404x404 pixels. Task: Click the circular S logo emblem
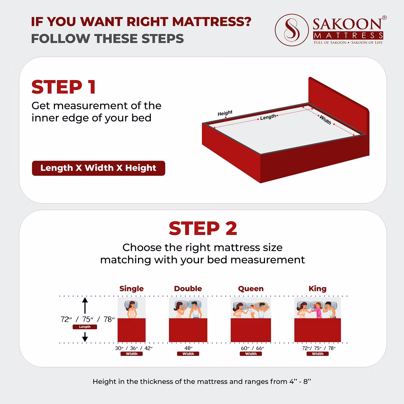pyautogui.click(x=292, y=30)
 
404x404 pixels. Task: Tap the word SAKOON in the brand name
pyautogui.click(x=347, y=24)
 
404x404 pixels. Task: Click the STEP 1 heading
pyautogui.click(x=64, y=87)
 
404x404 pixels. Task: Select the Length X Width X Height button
pyautogui.click(x=99, y=168)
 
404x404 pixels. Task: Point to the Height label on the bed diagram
pyautogui.click(x=225, y=113)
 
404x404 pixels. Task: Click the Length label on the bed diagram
pyautogui.click(x=268, y=117)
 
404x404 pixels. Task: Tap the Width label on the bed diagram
pyautogui.click(x=325, y=120)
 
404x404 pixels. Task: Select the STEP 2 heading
pyautogui.click(x=203, y=228)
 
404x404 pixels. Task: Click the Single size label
pyautogui.click(x=131, y=289)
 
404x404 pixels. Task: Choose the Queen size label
pyautogui.click(x=251, y=289)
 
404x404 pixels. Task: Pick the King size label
pyautogui.click(x=317, y=289)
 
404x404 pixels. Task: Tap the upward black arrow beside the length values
pyautogui.click(x=85, y=305)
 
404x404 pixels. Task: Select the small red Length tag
pyautogui.click(x=85, y=327)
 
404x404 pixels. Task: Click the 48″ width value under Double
pyautogui.click(x=188, y=348)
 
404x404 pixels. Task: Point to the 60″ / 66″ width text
pyautogui.click(x=252, y=348)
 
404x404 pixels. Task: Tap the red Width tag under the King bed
pyautogui.click(x=317, y=354)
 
